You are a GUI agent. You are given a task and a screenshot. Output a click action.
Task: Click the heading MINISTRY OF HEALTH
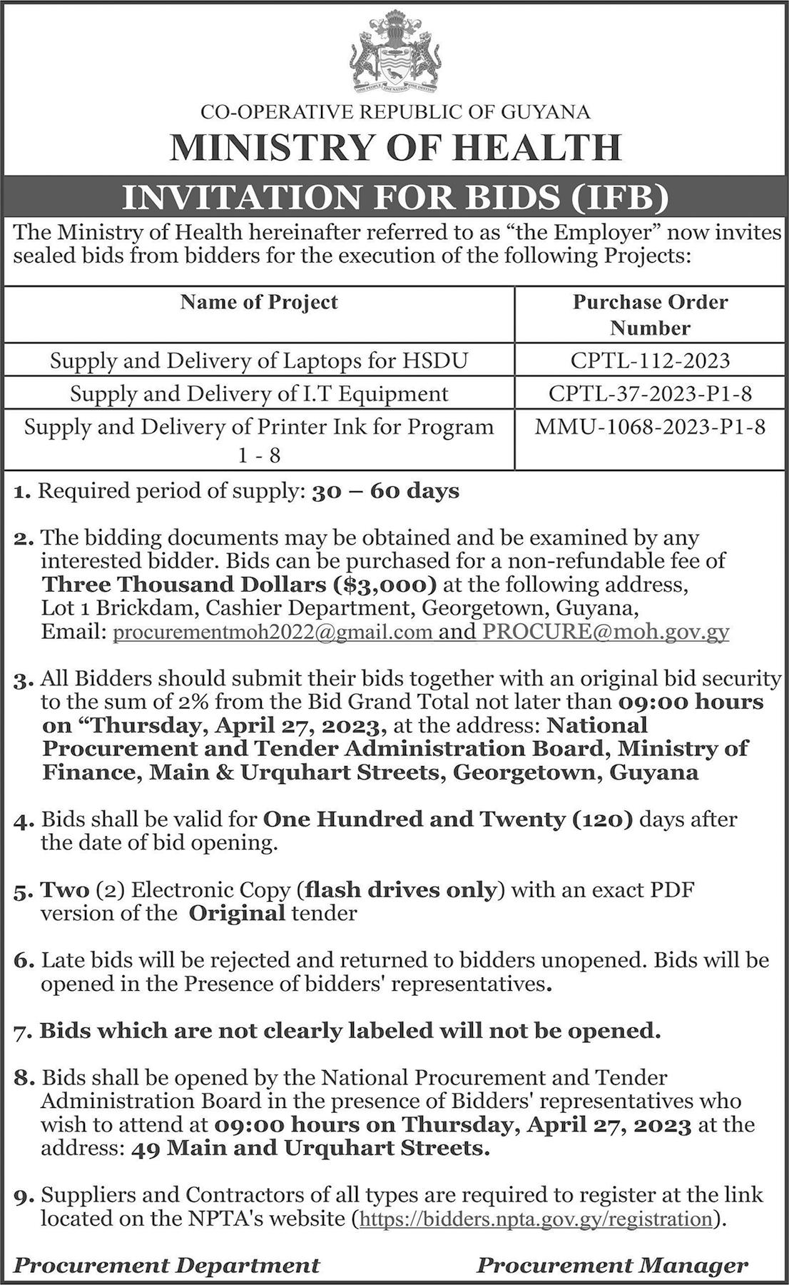394,147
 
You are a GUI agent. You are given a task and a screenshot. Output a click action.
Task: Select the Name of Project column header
259,302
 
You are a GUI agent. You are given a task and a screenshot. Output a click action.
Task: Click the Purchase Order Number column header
650,315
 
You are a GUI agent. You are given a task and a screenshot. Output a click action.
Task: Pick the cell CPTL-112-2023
650,360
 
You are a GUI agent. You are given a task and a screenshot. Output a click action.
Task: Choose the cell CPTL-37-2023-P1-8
650,393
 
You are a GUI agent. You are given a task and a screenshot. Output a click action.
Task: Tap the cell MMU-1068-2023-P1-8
650,427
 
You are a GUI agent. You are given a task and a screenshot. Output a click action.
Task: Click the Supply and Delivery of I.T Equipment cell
259,393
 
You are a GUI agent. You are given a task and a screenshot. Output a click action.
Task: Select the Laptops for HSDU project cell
259,361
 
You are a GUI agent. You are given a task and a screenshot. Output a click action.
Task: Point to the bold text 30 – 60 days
386,491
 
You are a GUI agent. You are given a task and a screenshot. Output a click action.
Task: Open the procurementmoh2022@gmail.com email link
273,632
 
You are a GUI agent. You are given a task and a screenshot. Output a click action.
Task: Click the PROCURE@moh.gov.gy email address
605,632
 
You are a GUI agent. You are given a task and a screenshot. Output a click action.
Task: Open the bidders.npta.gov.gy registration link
536,1218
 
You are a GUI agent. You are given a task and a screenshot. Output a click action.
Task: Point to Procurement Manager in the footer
612,1266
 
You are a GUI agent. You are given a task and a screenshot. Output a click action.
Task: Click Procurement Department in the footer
167,1266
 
